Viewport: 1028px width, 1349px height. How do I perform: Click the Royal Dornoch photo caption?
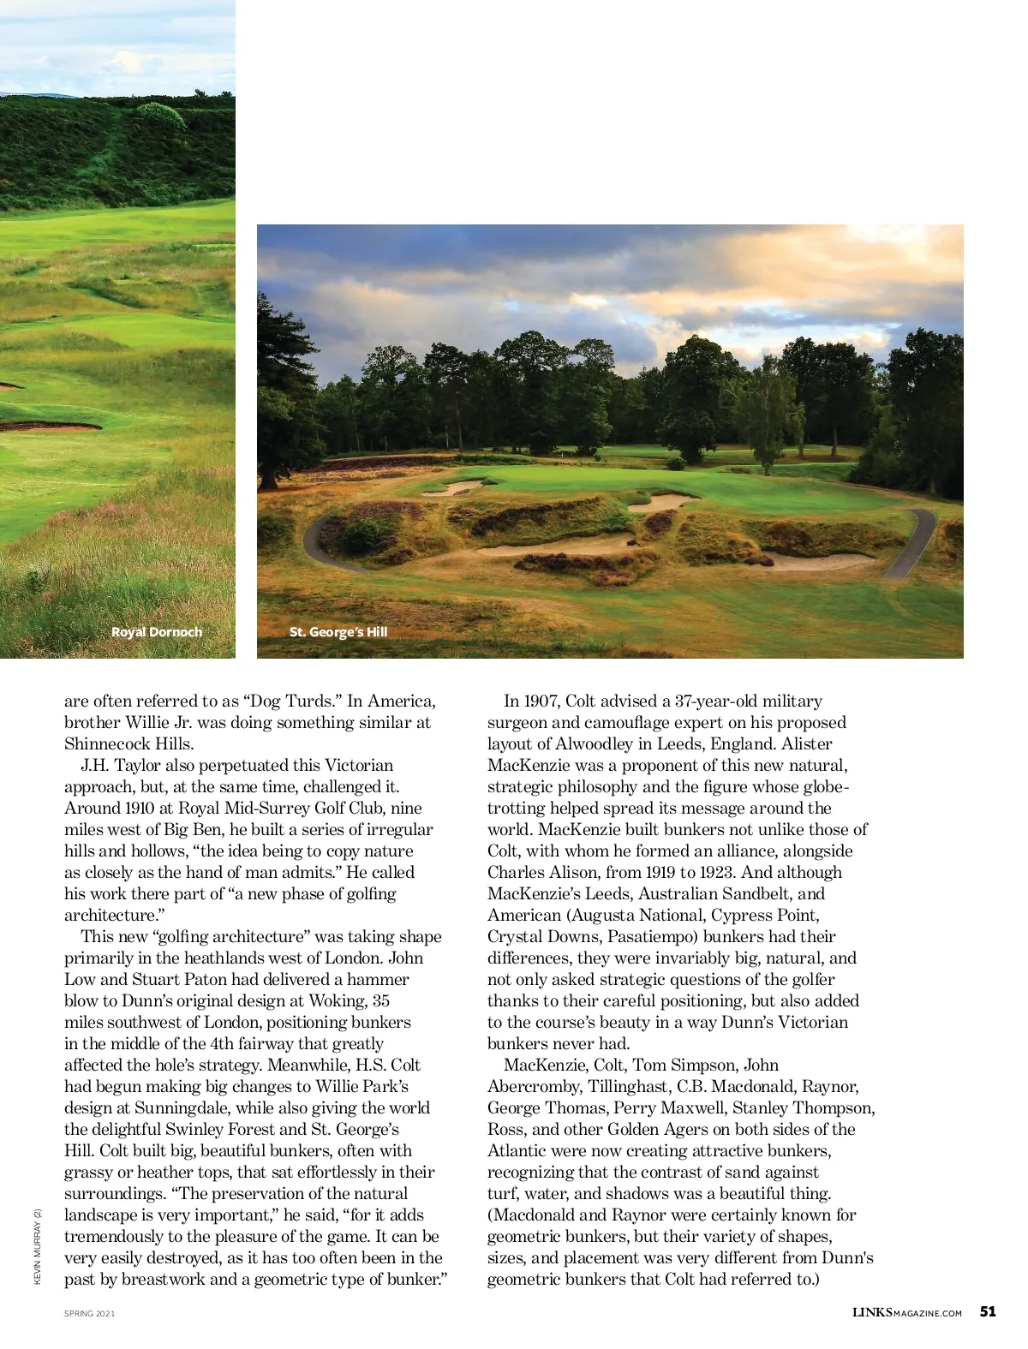click(157, 632)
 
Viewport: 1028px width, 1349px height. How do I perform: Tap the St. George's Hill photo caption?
click(338, 632)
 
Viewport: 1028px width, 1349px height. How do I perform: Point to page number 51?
click(988, 1311)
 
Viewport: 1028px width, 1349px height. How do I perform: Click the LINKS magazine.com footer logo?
click(907, 1312)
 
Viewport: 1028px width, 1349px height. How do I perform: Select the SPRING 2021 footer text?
click(89, 1313)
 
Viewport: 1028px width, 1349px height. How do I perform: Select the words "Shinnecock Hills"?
click(128, 743)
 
